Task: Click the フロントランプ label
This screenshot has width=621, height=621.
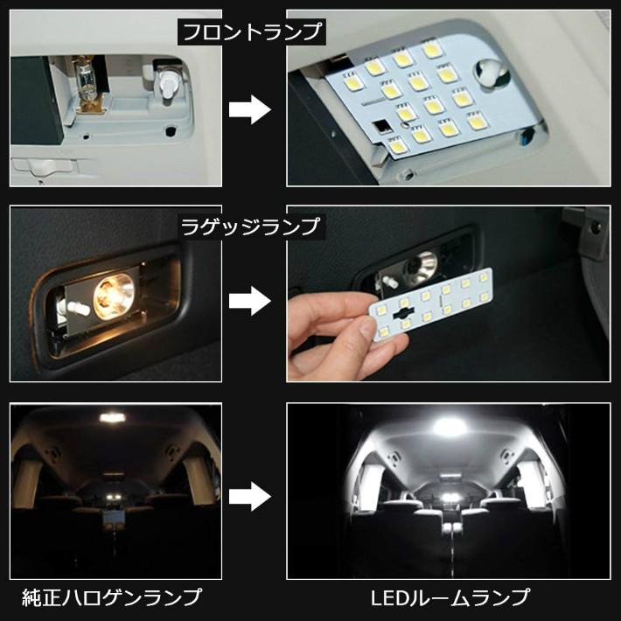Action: (x=251, y=33)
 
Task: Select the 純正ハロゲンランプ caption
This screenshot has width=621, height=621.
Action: (x=111, y=598)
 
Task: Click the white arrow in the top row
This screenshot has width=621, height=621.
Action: (x=248, y=109)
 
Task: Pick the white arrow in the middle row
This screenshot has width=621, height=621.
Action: (x=248, y=301)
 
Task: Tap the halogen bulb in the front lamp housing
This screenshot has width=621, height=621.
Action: (x=87, y=82)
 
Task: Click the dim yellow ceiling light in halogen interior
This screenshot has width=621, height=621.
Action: (x=112, y=418)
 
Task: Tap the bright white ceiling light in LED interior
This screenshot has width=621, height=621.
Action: (x=450, y=428)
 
